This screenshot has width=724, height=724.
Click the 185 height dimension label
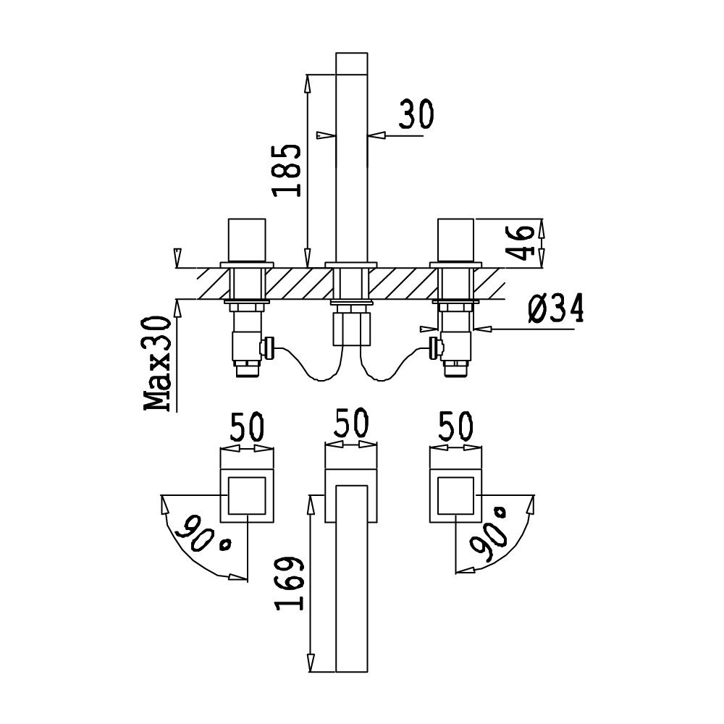287,170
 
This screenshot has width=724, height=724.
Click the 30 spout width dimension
416,114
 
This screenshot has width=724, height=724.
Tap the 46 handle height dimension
520,243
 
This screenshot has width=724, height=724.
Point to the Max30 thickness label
157,363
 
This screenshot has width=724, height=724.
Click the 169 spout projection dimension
290,583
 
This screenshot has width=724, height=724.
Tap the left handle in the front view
248,241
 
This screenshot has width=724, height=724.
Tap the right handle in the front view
455,241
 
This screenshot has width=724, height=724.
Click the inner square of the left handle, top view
248,496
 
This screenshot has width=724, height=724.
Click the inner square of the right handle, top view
455,496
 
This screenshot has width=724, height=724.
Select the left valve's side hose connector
268,348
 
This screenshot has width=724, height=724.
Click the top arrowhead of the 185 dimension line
307,83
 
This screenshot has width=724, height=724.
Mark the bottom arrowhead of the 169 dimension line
311,662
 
